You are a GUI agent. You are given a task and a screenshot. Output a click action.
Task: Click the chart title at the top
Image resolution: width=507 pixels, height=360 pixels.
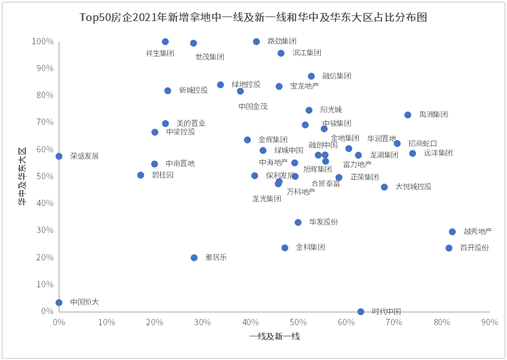253,17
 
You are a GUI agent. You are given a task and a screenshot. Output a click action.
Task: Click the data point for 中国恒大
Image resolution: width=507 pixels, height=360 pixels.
59,303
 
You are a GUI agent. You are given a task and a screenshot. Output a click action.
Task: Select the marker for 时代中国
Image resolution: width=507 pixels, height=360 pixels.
361,312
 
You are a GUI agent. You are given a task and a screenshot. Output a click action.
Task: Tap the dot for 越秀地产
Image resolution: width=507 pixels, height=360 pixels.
452,232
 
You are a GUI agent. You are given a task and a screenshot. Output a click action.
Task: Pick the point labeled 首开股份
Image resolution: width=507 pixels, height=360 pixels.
449,248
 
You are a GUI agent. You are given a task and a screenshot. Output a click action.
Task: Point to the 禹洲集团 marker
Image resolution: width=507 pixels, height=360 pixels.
408,115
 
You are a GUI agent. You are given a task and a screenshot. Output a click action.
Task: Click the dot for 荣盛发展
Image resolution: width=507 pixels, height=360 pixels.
59,157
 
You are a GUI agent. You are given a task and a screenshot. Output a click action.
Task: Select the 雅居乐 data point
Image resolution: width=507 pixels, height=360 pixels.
194,258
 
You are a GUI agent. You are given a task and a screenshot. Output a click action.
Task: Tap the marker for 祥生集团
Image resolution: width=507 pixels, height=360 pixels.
165,42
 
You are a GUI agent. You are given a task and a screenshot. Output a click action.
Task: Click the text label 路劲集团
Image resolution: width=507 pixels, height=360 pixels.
282,41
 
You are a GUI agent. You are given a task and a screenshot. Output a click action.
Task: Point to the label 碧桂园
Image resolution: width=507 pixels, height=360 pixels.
162,175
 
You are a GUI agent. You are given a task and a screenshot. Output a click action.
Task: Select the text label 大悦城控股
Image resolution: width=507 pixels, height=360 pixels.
413,187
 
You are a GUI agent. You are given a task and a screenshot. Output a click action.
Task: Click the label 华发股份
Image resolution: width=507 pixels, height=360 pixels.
323,222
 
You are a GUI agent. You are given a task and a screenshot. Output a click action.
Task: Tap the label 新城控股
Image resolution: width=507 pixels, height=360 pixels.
193,90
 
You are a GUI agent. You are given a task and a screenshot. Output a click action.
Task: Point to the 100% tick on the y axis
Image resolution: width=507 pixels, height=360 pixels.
43,42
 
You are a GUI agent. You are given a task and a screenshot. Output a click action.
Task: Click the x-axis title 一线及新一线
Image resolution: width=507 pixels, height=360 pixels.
274,336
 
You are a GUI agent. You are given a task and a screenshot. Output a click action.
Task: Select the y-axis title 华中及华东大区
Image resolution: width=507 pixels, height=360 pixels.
22,176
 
